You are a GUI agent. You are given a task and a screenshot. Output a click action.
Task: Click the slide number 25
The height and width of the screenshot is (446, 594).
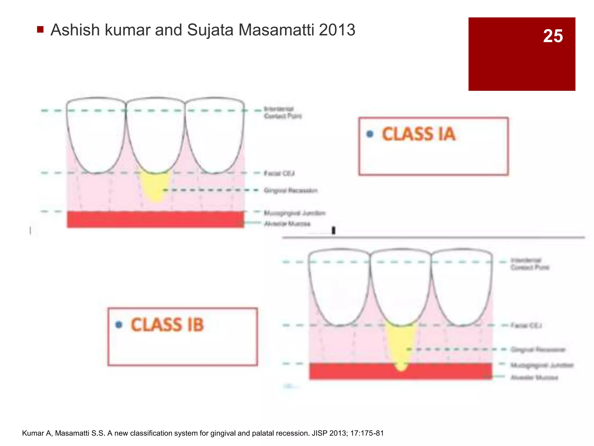coord(553,36)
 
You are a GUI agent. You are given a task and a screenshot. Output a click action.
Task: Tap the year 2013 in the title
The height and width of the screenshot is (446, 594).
coord(337,30)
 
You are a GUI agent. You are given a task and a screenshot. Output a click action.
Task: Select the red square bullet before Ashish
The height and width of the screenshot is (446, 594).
coord(40,29)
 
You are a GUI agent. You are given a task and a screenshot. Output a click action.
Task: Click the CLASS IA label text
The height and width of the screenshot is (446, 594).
coord(419,134)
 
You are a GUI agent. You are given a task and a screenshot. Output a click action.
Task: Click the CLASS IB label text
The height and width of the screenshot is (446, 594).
coord(167,325)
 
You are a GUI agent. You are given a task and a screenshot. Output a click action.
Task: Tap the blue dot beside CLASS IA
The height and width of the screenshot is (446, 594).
coord(370,134)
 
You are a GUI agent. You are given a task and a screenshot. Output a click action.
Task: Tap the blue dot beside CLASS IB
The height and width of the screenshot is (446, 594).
coord(119,325)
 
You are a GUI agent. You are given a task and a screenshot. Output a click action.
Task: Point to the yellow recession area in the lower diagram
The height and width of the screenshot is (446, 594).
coord(401,346)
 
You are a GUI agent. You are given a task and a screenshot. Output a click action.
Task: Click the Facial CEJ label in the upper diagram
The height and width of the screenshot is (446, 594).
coord(279,173)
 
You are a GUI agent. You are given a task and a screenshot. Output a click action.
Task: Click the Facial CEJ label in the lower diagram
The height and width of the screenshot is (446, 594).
coord(526,325)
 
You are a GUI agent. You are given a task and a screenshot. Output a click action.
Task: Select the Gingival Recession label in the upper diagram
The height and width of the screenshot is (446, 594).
coord(291,190)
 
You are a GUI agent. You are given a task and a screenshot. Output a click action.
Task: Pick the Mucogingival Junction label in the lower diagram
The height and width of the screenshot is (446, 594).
coord(542,365)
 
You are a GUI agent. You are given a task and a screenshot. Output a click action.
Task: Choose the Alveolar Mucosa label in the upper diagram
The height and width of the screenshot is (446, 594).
coord(287,224)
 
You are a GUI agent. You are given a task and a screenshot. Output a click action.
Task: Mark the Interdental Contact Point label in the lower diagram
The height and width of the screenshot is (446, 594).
coord(530,264)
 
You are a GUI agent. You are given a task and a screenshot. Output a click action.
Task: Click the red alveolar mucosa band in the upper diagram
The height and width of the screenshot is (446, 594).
coord(155,220)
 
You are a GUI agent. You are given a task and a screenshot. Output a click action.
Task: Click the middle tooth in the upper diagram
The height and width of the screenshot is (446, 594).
coord(155,134)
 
